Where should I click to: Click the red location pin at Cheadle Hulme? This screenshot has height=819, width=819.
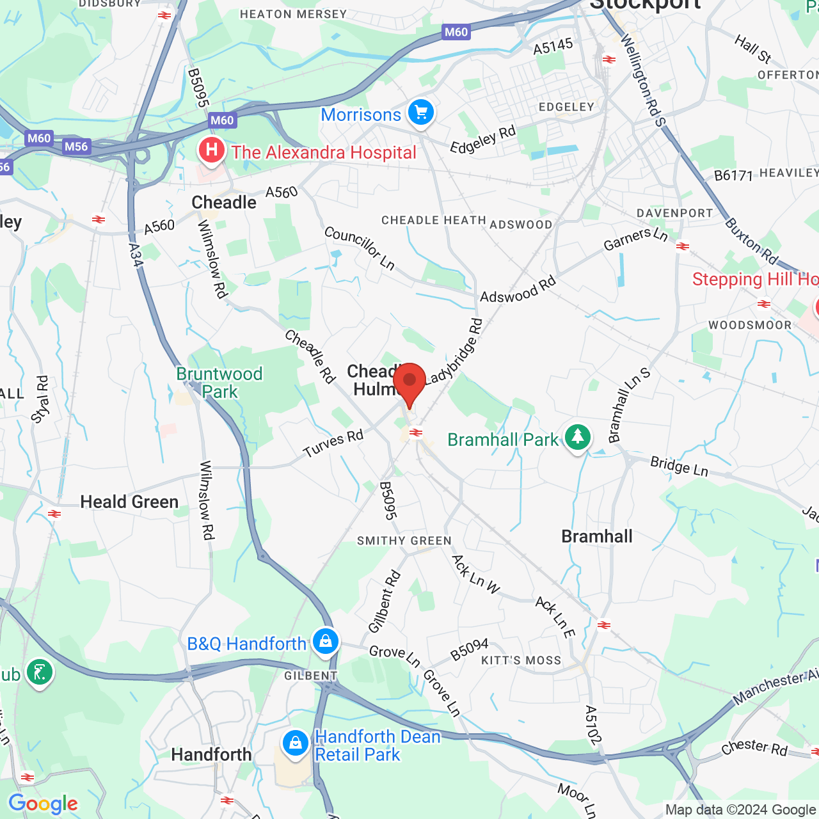(x=409, y=382)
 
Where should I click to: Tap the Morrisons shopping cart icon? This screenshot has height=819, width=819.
(x=420, y=113)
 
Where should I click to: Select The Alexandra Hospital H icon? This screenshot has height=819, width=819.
(x=211, y=152)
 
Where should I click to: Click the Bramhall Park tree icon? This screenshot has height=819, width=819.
(x=578, y=438)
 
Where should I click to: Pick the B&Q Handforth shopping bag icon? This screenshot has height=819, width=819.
(x=325, y=641)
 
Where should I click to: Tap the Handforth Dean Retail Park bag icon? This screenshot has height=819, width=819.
(x=296, y=743)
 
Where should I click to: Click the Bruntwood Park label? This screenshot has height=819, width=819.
(x=219, y=383)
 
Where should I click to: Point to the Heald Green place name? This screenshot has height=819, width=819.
(x=129, y=502)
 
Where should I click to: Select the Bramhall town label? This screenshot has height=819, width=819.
(x=597, y=537)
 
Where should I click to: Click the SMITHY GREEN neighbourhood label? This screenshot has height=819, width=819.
(x=404, y=541)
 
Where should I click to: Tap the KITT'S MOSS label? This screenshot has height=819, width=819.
(x=521, y=660)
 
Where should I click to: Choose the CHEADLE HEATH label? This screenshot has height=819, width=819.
(x=434, y=221)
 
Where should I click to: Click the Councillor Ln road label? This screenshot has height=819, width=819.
(x=360, y=248)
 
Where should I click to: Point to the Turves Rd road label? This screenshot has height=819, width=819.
(x=333, y=444)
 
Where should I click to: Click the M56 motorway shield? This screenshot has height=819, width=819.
(x=76, y=147)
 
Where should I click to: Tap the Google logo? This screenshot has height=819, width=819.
(x=44, y=804)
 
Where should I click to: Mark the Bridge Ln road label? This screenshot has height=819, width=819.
(x=679, y=466)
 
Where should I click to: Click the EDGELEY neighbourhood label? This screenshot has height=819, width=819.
(x=566, y=107)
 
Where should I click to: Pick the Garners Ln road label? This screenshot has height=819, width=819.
(x=635, y=239)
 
